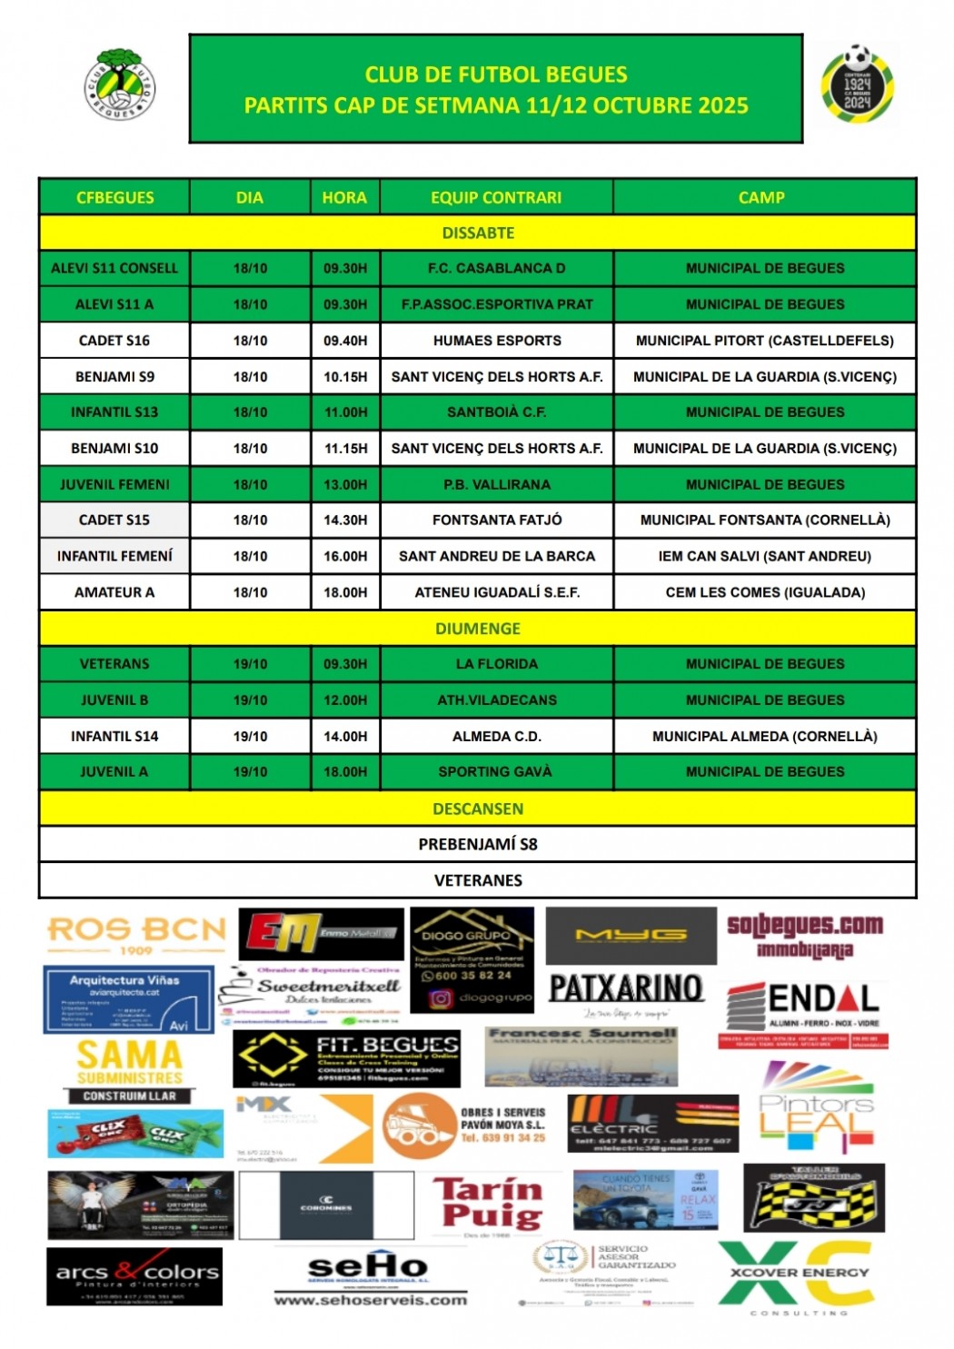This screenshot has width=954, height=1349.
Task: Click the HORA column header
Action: pyautogui.click(x=344, y=197)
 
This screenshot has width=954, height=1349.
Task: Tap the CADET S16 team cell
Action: pyautogui.click(x=114, y=341)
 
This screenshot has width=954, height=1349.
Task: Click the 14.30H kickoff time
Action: pyautogui.click(x=345, y=520)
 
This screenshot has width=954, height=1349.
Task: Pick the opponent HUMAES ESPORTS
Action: pyautogui.click(x=497, y=341)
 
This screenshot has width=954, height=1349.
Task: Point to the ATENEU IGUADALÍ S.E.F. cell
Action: pyautogui.click(x=497, y=592)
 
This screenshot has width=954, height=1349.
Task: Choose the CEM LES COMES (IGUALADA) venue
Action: pyautogui.click(x=765, y=592)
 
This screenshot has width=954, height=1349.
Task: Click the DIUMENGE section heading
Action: pyautogui.click(x=478, y=629)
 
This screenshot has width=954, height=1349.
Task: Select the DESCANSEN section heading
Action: pyautogui.click(x=478, y=808)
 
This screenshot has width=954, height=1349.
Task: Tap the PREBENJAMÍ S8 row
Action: pyautogui.click(x=478, y=844)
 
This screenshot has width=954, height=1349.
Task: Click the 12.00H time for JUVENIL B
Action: pyautogui.click(x=345, y=699)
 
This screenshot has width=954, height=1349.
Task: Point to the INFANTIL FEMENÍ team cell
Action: pyautogui.click(x=114, y=556)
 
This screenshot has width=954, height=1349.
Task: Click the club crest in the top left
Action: pyautogui.click(x=121, y=84)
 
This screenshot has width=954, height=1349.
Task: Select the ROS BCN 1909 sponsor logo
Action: pyautogui.click(x=136, y=934)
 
